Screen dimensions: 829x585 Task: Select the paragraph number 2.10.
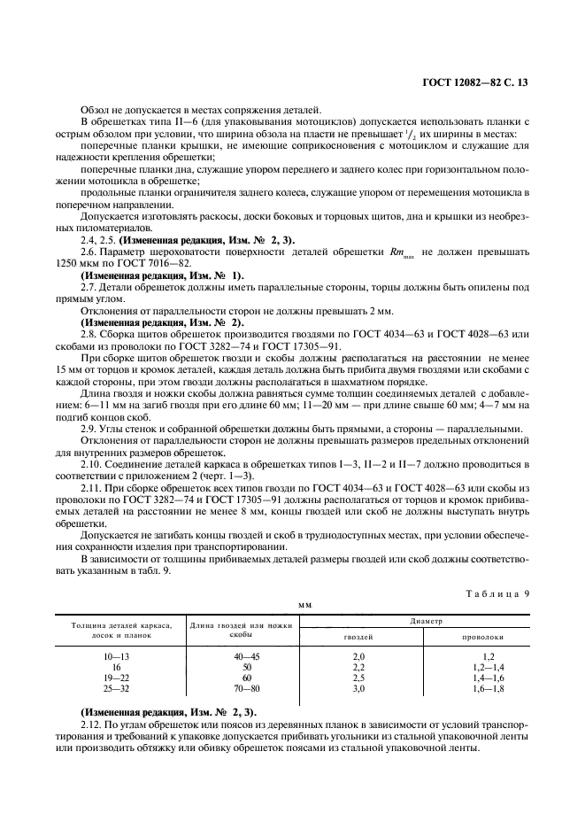coord(91,462)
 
